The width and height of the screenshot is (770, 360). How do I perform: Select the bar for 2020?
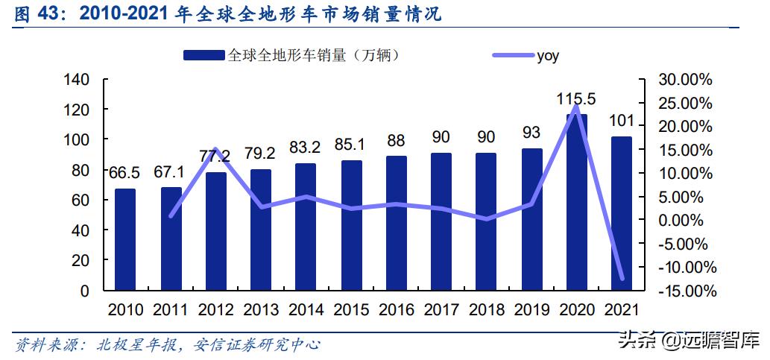click(x=577, y=202)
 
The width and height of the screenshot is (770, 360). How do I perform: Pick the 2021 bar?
click(x=622, y=213)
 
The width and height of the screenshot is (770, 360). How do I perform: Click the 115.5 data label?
click(x=576, y=98)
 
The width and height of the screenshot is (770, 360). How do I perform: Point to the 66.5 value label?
click(x=124, y=174)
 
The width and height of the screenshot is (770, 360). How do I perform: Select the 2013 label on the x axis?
click(x=261, y=310)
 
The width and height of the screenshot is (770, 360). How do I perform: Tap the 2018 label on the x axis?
click(x=487, y=310)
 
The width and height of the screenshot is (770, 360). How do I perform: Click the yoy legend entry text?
click(x=548, y=55)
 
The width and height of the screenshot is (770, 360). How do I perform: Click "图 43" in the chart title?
click(x=32, y=13)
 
